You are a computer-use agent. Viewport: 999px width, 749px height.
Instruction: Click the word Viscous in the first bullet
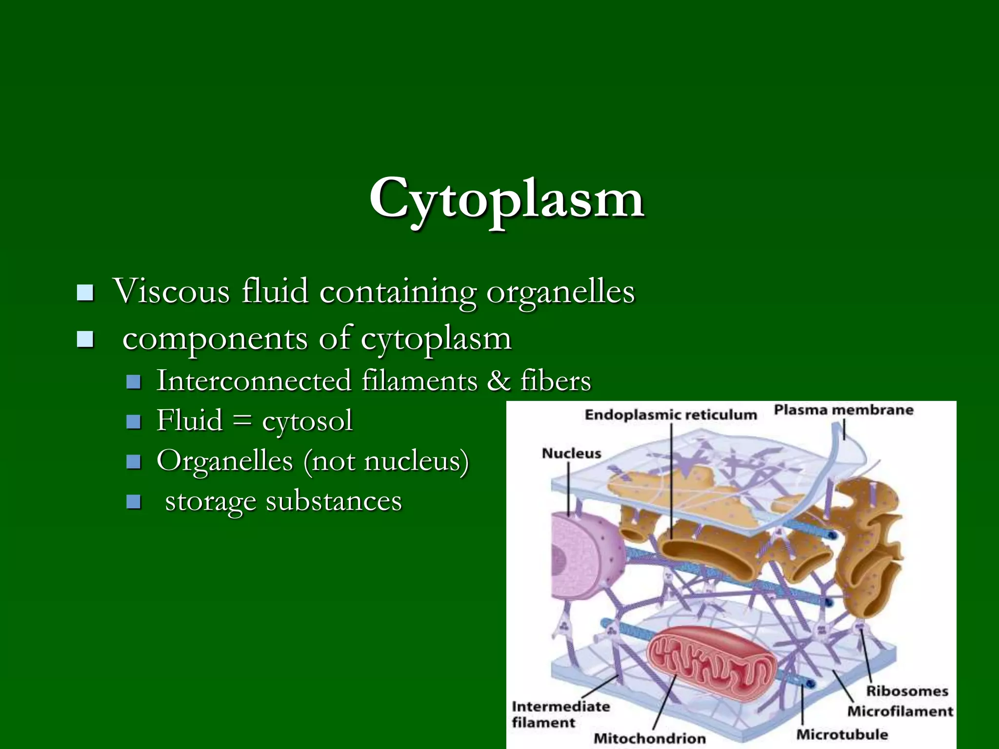[x=171, y=291]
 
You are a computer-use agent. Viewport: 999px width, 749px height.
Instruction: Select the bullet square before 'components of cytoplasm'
[x=85, y=339]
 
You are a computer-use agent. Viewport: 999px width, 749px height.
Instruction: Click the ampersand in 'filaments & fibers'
[x=499, y=381]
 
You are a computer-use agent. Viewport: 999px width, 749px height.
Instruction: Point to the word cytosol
[x=307, y=421]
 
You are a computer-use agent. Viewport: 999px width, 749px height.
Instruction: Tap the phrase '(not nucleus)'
[x=386, y=461]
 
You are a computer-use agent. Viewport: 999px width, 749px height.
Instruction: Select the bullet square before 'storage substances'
[x=133, y=501]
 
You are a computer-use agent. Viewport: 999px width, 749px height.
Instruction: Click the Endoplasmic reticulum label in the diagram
[x=670, y=415]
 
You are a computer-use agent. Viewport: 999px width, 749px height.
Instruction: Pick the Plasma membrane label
[x=843, y=410]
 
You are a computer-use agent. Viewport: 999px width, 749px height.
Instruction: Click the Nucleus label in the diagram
[x=571, y=453]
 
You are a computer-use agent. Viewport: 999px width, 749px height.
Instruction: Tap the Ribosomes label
[x=907, y=691]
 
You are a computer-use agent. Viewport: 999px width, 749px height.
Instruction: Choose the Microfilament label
[x=900, y=711]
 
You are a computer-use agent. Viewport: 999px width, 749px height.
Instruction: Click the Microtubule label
[x=842, y=734]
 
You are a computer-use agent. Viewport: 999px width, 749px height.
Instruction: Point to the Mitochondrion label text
[x=649, y=738]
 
